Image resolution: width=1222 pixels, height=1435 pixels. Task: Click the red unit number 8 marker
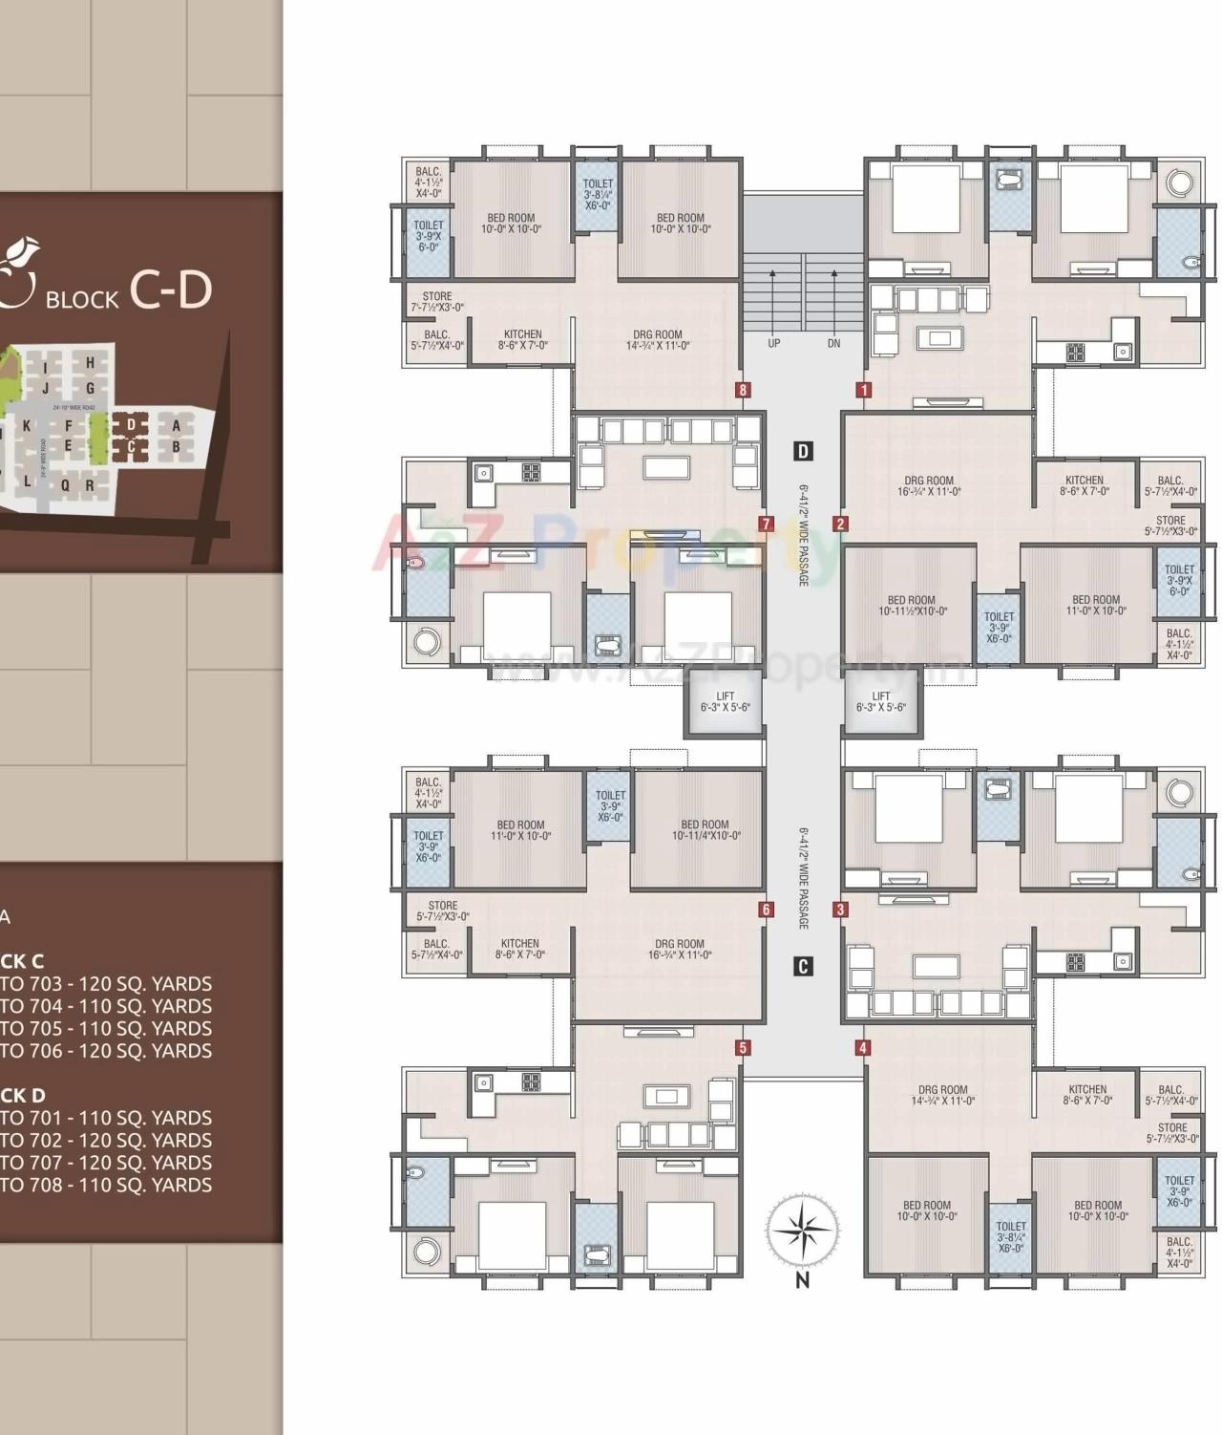click(x=743, y=390)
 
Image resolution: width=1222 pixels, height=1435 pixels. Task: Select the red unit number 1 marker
click(x=864, y=390)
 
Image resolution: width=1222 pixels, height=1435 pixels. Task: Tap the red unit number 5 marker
click(x=743, y=1048)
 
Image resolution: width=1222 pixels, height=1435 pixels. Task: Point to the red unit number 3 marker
click(x=840, y=910)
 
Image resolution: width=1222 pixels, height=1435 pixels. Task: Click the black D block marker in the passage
click(x=803, y=451)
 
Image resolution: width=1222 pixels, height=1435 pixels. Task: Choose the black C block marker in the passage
click(x=803, y=967)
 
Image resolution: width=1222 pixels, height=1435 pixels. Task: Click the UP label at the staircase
click(x=773, y=343)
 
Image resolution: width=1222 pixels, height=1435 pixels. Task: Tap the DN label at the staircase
click(x=833, y=343)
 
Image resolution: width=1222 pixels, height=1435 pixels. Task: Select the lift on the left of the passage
click(x=725, y=703)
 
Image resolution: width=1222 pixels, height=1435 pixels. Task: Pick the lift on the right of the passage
click(x=881, y=703)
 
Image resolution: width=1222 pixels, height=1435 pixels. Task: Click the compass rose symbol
click(x=803, y=1230)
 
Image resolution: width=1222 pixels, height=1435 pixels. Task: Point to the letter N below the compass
click(x=803, y=1281)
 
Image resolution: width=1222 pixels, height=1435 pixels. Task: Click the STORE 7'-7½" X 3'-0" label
click(x=437, y=302)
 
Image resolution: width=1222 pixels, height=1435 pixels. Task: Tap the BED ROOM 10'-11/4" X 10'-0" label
click(x=706, y=829)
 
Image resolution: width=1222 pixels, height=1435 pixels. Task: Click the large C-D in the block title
click(x=170, y=289)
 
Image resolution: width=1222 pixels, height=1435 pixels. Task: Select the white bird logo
click(x=17, y=256)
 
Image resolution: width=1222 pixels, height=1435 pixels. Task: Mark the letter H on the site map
click(x=91, y=363)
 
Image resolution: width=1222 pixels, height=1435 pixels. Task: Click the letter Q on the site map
click(x=65, y=484)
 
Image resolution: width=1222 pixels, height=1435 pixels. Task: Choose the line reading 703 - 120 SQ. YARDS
click(x=106, y=984)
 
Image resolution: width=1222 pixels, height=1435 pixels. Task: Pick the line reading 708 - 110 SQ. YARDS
click(x=106, y=1185)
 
